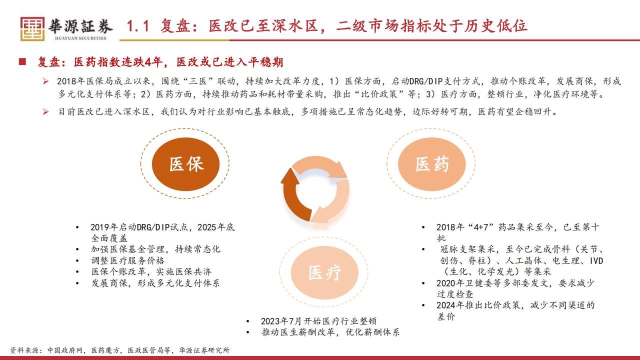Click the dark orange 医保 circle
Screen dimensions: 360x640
point(186,163)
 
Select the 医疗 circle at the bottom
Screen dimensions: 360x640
point(324,272)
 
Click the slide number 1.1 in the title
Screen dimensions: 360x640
point(138,25)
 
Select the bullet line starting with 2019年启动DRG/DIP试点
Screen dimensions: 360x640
point(162,227)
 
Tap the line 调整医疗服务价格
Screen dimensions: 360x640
point(127,260)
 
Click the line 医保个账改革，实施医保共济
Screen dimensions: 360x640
point(151,271)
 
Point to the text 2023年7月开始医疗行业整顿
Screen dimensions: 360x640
point(318,321)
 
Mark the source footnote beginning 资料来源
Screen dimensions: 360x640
point(120,350)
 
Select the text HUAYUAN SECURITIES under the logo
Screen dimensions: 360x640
point(80,38)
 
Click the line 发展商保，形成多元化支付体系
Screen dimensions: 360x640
point(155,283)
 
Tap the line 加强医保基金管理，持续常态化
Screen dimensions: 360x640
point(155,249)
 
